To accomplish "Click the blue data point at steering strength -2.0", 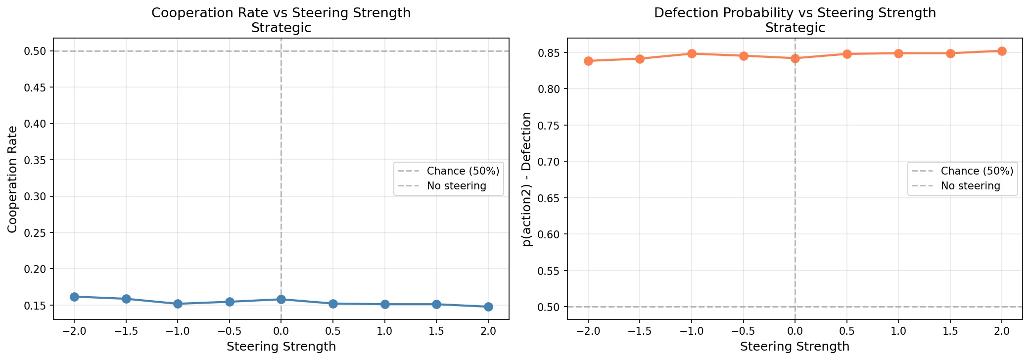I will (74, 297).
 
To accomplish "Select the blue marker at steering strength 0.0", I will (281, 299).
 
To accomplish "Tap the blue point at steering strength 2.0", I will (488, 307).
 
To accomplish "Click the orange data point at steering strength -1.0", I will (692, 53).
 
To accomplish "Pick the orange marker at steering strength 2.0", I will (1002, 51).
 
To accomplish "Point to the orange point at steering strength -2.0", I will (588, 61).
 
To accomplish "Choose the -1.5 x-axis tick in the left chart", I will (126, 331).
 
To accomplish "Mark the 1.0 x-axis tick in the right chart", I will (898, 331).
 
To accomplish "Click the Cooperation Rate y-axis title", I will (13, 179).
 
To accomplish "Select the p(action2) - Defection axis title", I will (527, 179).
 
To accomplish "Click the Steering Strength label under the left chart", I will (281, 347).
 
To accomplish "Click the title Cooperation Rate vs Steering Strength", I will (281, 13).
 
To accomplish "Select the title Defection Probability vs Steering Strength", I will (795, 13).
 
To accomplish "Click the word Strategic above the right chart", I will (795, 28).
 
